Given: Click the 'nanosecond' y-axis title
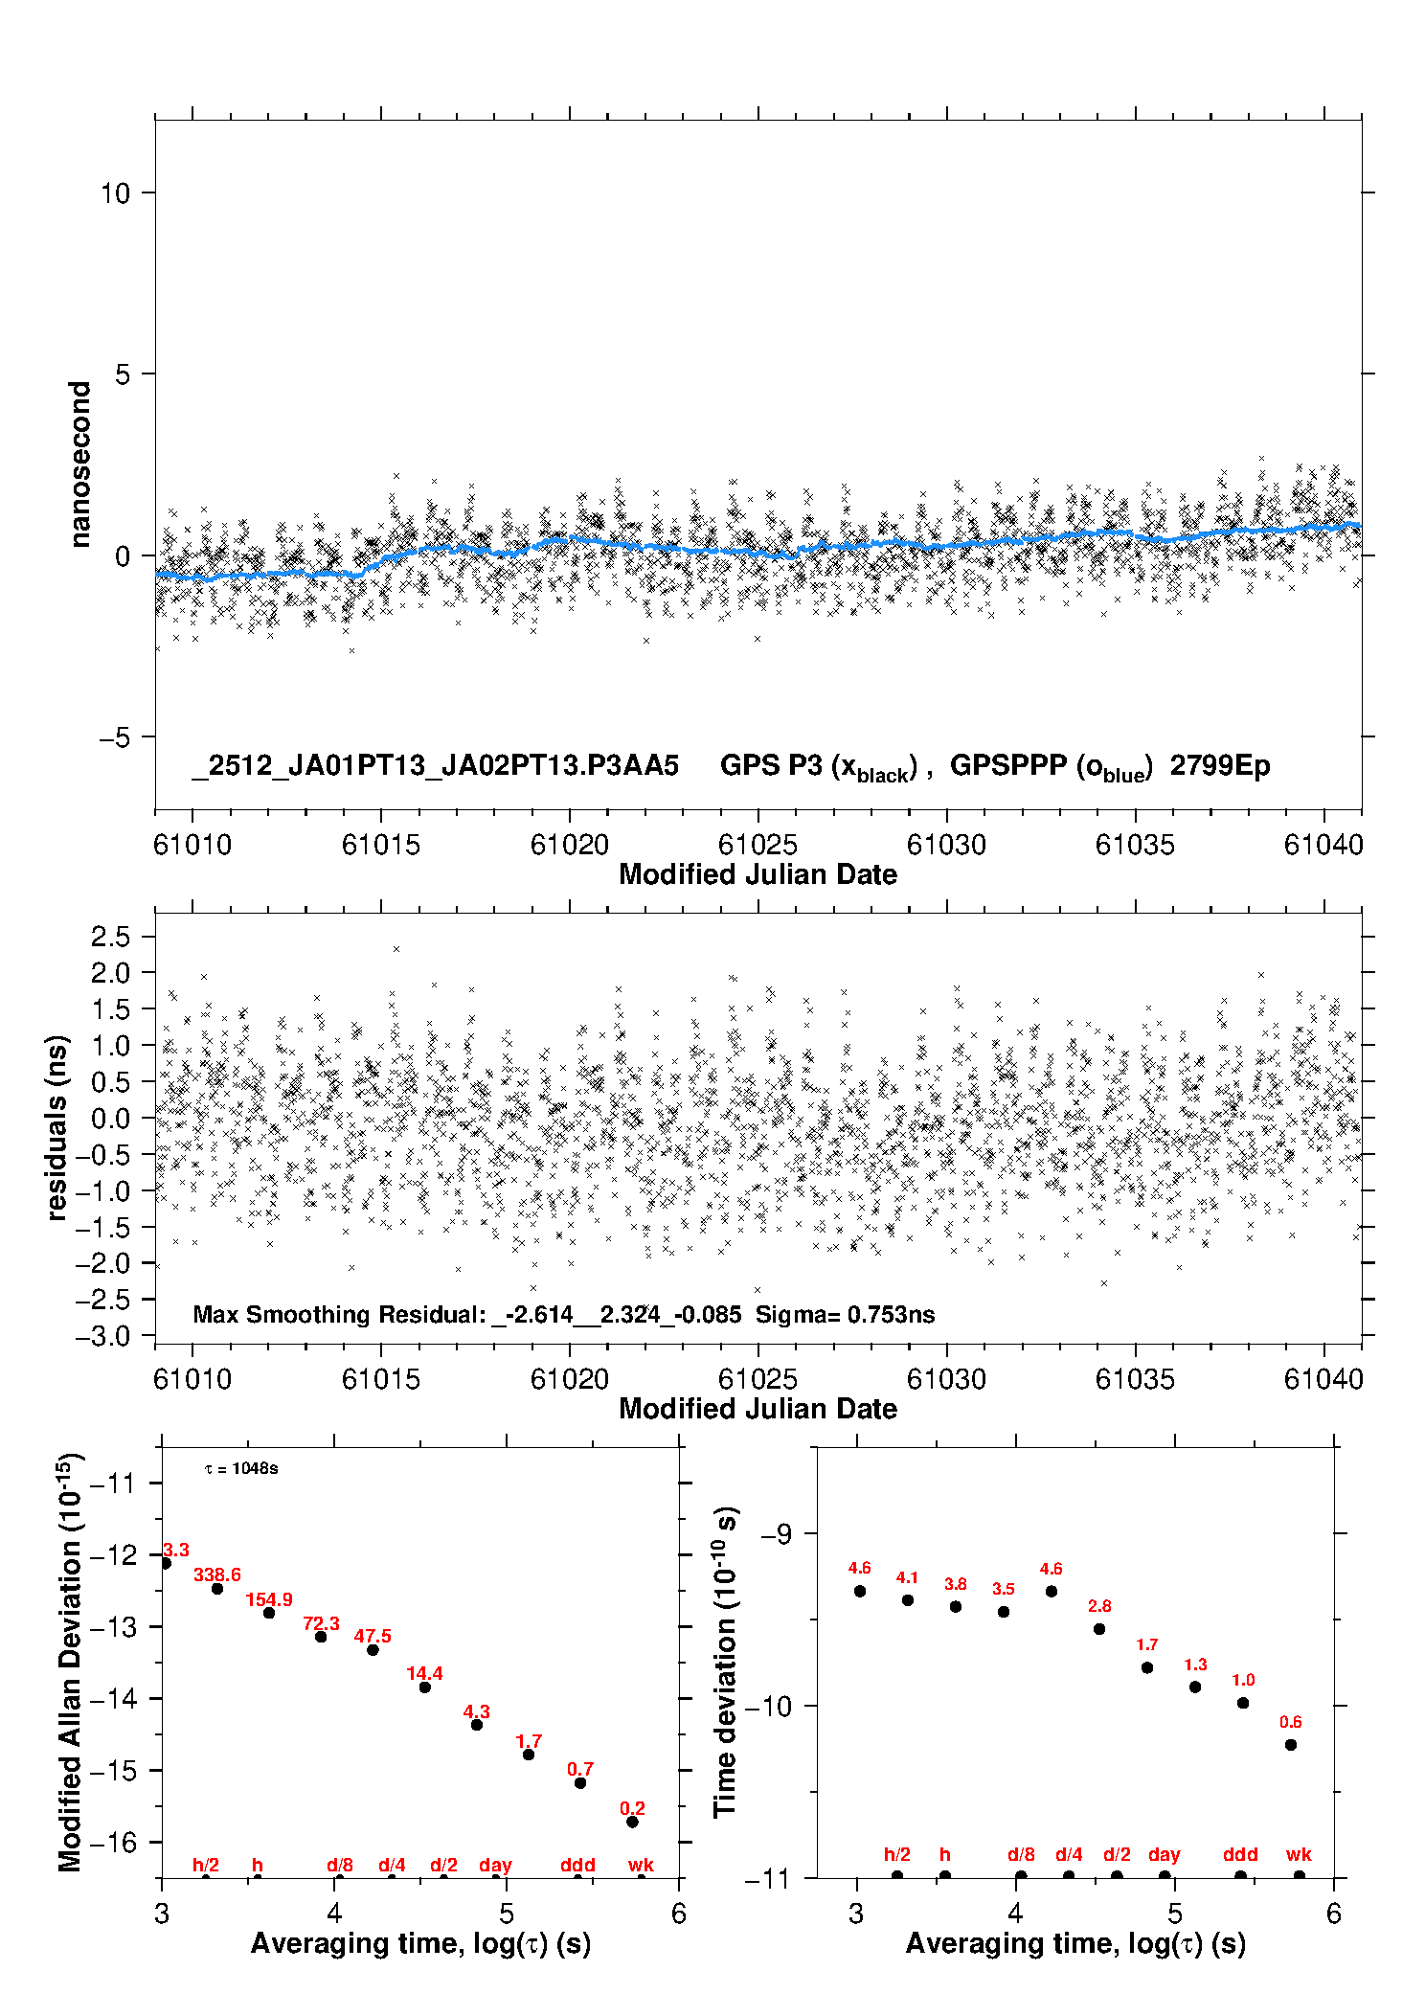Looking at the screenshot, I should (x=80, y=464).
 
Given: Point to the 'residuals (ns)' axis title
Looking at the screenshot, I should (x=57, y=1127).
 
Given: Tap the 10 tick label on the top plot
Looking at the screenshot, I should (x=115, y=193).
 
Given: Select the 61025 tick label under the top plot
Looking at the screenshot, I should (x=758, y=845).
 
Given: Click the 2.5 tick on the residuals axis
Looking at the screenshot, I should (x=110, y=937).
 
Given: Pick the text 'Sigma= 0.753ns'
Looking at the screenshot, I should (x=845, y=1314).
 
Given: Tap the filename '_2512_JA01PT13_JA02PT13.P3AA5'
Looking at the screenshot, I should (x=435, y=766).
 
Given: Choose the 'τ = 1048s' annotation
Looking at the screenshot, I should (x=241, y=1469).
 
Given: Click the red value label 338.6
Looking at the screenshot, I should (x=217, y=1574).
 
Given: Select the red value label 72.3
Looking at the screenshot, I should (x=321, y=1623).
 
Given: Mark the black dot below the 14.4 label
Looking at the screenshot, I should (x=424, y=1687).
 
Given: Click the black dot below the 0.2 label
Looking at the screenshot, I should (x=632, y=1822).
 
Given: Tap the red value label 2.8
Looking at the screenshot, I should (x=1099, y=1606).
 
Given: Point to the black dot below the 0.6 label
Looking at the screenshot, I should (x=1290, y=1745).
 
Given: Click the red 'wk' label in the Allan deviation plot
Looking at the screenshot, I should (x=641, y=1865).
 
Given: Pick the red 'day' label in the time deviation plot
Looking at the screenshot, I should (x=1164, y=1855).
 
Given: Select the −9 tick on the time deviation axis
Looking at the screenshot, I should (x=776, y=1534).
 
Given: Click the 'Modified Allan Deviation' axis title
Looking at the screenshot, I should (x=70, y=1662).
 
